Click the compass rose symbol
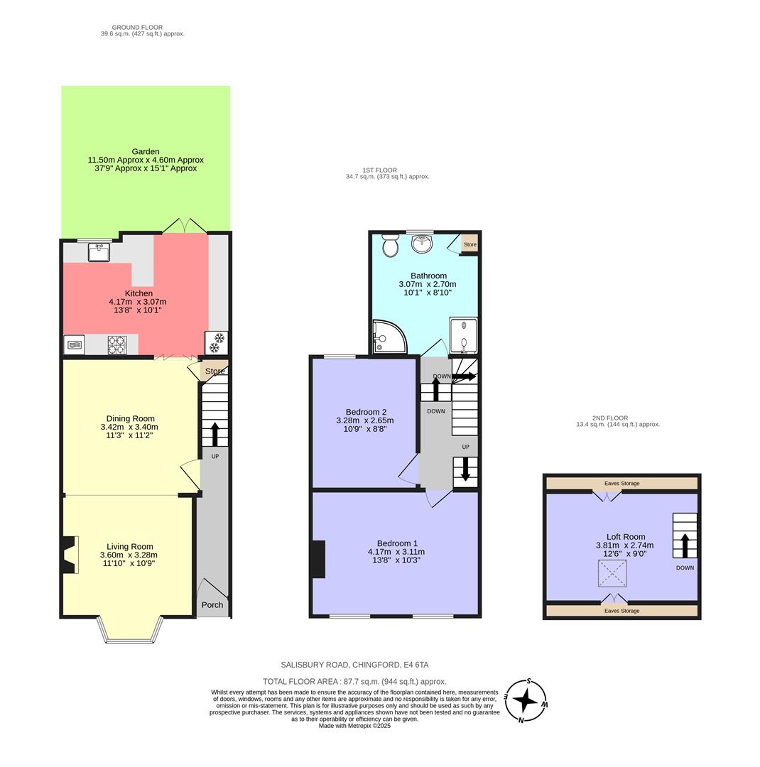click(526, 700)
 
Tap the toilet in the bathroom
click(390, 245)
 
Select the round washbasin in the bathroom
click(423, 244)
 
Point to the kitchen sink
click(99, 251)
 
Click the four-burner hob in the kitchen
click(117, 344)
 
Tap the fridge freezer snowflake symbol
click(216, 342)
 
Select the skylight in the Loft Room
click(612, 573)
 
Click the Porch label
click(212, 605)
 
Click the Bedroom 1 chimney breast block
click(318, 559)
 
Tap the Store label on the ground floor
click(215, 371)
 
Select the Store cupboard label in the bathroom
click(469, 244)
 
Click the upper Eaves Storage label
click(621, 484)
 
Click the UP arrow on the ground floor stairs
click(215, 433)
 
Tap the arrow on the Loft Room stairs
click(685, 545)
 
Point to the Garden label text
click(146, 151)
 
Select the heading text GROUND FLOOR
click(137, 28)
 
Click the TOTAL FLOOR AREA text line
click(354, 680)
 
